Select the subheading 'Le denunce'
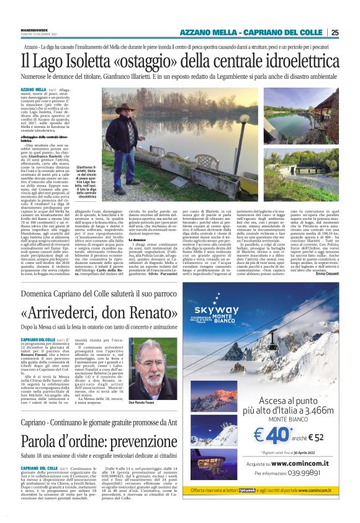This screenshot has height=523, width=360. click(137, 239)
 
